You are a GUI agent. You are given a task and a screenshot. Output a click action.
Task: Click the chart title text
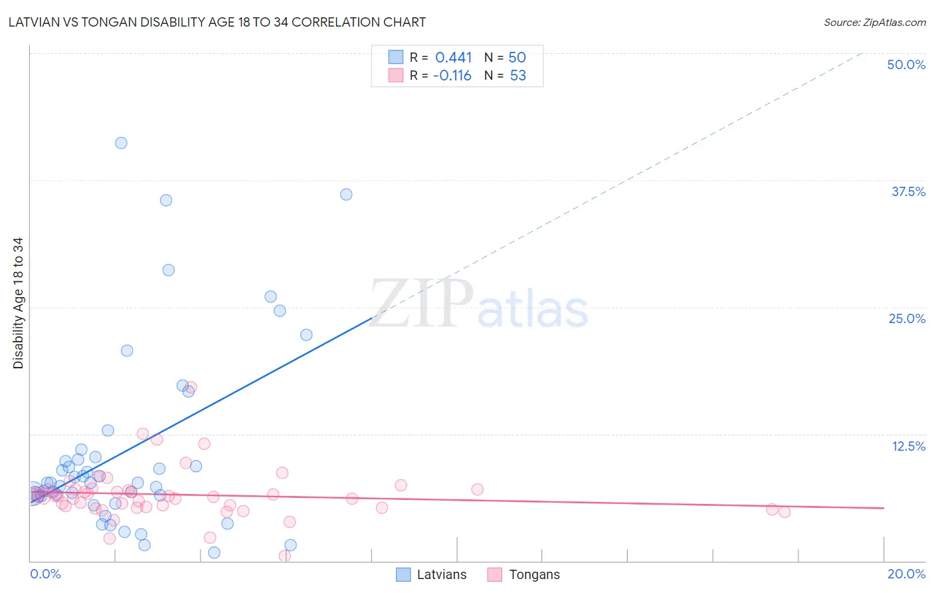(217, 22)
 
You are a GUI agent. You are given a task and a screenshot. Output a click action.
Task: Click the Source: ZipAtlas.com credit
(874, 22)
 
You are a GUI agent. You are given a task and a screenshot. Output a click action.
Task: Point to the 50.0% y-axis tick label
(906, 64)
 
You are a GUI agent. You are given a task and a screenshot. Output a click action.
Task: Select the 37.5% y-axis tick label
(908, 191)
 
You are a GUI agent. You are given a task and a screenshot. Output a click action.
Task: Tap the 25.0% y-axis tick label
(907, 318)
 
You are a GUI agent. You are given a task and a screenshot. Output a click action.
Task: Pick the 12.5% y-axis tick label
(908, 446)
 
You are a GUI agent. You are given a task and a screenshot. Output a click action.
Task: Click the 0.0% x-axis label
(45, 574)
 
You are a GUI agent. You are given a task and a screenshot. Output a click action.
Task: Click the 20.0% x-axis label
(906, 574)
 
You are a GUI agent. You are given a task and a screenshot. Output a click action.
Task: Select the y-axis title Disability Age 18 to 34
(18, 303)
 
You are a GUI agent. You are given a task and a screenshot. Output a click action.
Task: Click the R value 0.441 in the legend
(454, 58)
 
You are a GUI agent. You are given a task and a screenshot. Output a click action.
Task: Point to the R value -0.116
(452, 76)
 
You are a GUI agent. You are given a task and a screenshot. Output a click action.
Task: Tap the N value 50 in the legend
(517, 58)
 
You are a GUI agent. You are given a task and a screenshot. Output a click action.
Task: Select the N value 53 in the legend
(518, 76)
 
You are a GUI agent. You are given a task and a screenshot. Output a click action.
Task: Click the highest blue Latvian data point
(121, 143)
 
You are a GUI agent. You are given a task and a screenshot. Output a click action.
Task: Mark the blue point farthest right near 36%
(346, 195)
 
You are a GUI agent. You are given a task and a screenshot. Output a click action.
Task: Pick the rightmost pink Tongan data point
(785, 512)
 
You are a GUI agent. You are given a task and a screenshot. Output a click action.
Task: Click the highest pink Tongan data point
(191, 387)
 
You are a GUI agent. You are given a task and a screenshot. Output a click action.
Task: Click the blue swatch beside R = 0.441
(396, 57)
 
